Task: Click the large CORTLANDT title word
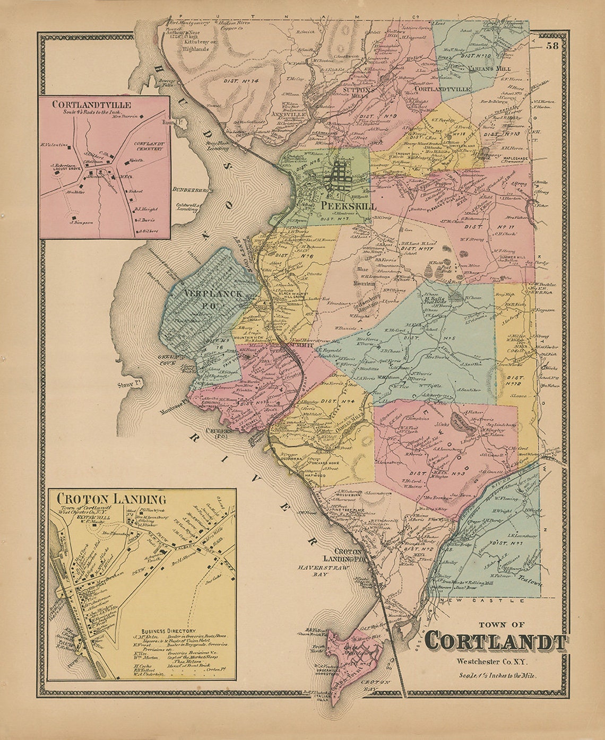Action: pyautogui.click(x=496, y=641)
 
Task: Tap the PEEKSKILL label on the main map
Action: pyautogui.click(x=348, y=206)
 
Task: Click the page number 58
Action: pyautogui.click(x=552, y=46)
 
